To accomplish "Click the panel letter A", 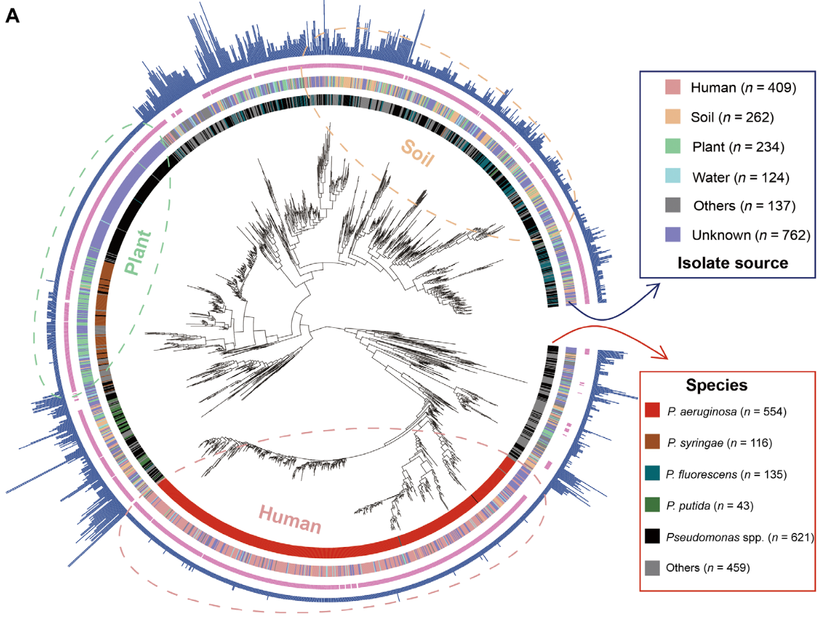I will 13,16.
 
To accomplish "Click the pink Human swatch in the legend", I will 673,87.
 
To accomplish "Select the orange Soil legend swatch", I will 673,117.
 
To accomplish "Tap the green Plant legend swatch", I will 673,147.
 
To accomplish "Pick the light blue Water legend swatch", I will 673,176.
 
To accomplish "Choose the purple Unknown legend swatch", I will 673,234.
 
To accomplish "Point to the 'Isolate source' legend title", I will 733,262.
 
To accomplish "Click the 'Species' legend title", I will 716,385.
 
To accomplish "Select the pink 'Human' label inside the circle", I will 289,520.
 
